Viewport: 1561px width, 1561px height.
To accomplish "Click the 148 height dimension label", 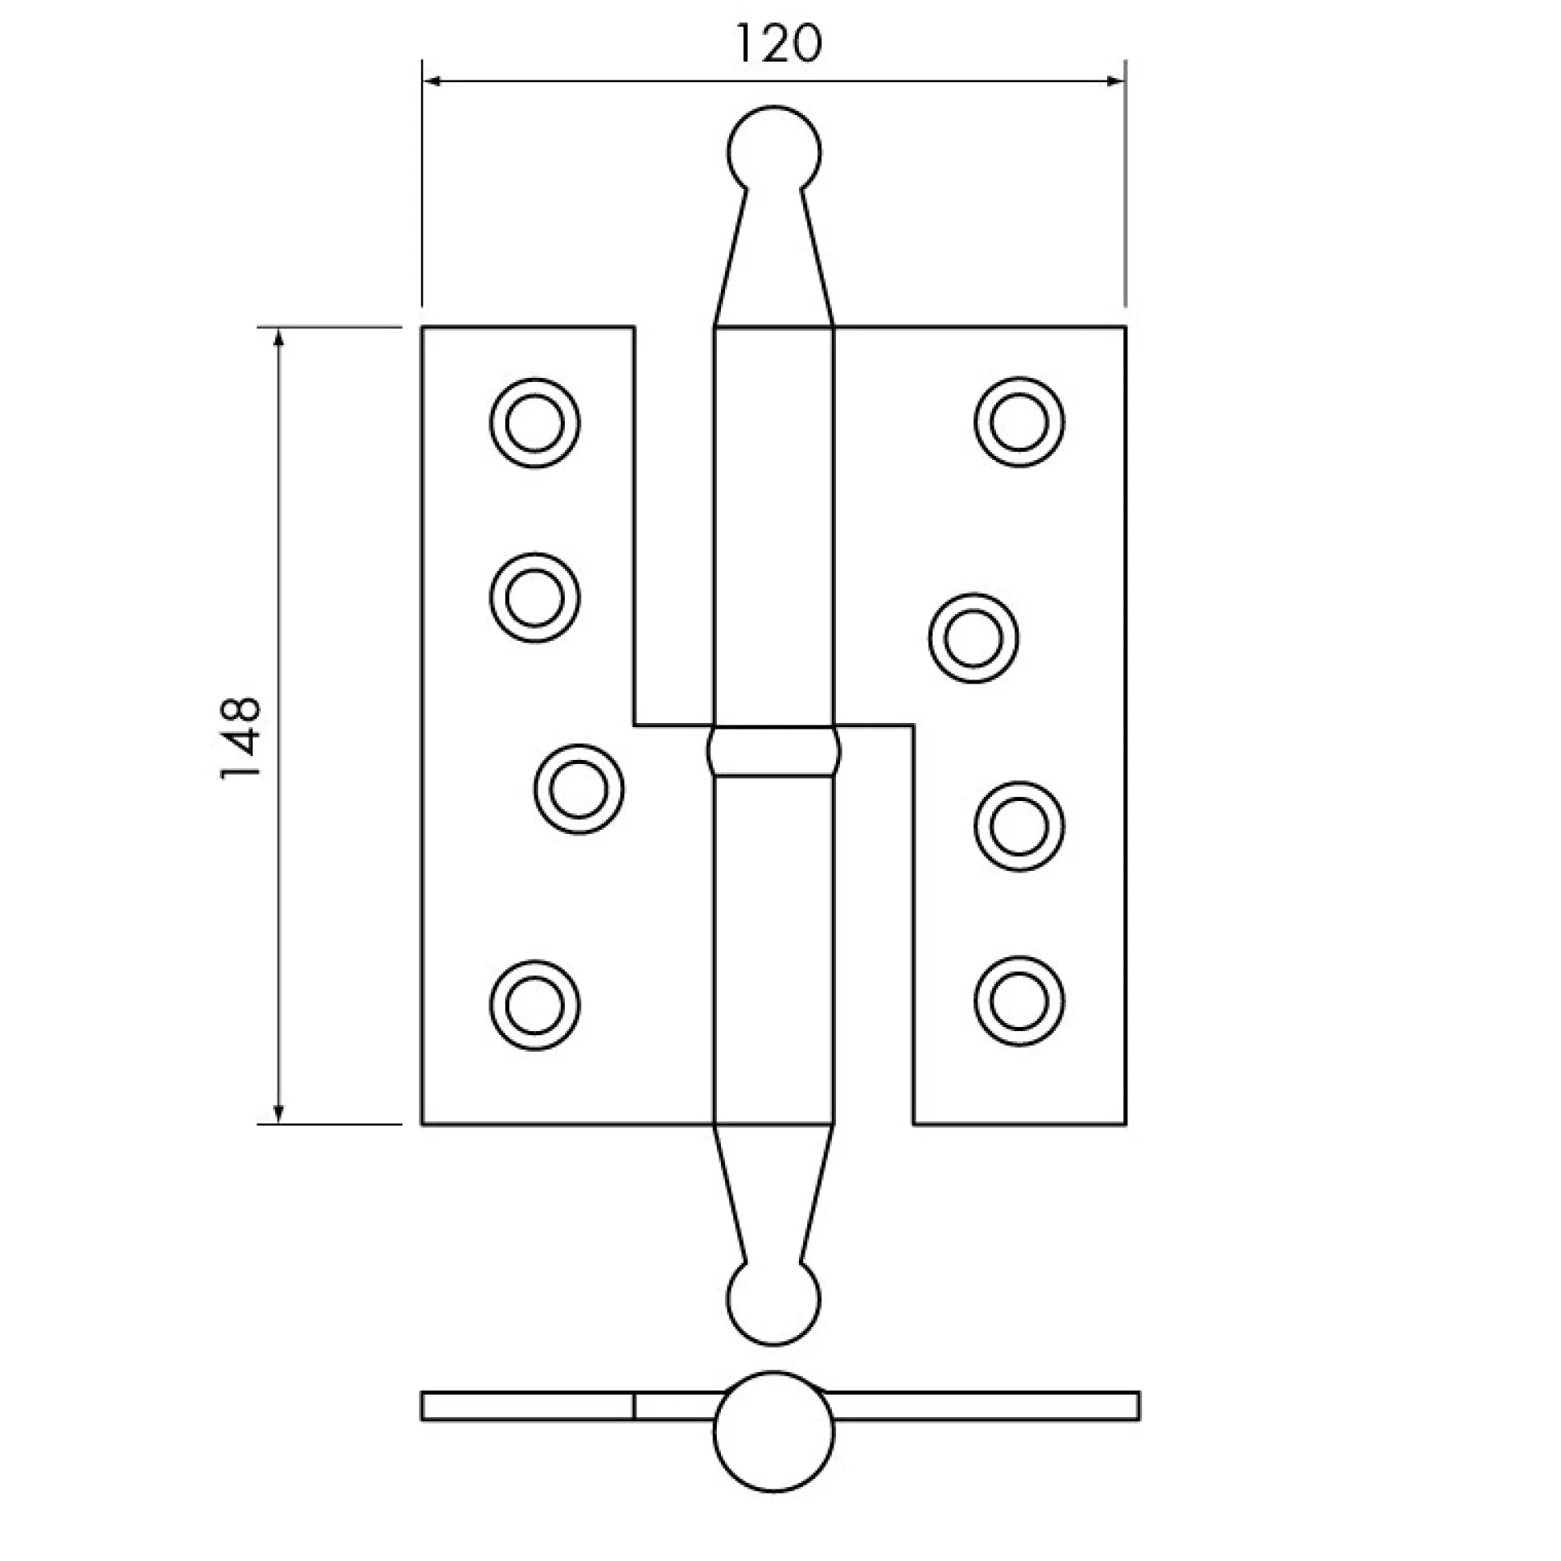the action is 241,737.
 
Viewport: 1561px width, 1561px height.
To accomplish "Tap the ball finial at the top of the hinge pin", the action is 773,150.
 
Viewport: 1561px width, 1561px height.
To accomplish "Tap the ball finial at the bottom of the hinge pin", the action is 773,1301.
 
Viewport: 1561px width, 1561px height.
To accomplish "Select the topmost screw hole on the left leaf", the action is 534,422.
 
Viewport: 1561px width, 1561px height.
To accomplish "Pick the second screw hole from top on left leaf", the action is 534,598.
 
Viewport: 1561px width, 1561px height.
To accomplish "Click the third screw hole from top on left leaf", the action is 579,789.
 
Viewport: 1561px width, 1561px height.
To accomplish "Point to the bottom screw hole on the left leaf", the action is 534,1005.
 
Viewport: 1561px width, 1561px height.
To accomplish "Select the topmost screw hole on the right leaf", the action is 1019,421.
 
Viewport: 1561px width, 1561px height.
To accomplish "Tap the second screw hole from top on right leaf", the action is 974,639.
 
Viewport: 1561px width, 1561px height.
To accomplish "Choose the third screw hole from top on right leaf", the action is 1019,827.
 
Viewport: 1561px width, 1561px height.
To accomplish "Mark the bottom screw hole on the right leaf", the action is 1019,1001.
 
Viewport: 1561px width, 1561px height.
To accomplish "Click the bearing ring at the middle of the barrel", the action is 773,750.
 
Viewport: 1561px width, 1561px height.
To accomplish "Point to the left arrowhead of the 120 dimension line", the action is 433,80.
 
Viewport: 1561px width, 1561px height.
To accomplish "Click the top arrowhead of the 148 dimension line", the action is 279,338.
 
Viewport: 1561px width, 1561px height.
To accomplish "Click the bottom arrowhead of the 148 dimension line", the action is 279,1113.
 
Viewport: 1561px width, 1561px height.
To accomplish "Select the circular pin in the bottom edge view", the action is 773,1431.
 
